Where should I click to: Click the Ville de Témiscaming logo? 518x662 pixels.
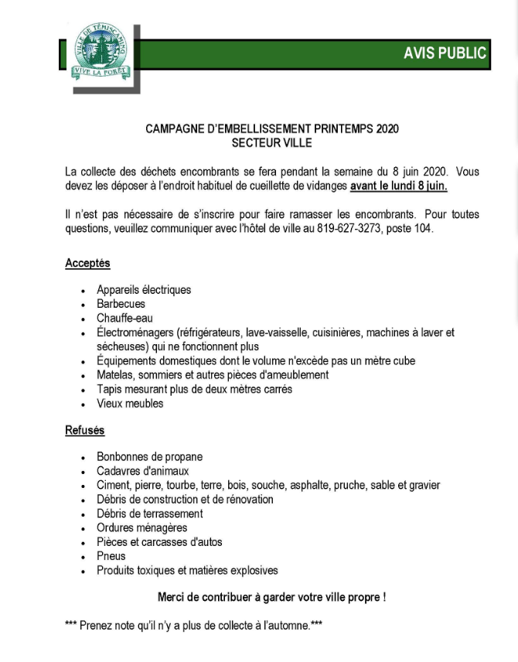pos(101,50)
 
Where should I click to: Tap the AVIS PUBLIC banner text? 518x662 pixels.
pos(445,53)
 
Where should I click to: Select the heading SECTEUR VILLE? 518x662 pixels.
pos(271,143)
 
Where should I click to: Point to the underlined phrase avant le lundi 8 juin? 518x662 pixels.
pos(399,186)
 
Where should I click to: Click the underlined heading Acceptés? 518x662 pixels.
pos(87,264)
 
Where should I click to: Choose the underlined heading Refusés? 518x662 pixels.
pos(85,431)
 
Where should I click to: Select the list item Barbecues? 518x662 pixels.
pos(121,304)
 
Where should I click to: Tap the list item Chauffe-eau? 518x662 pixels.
pos(124,318)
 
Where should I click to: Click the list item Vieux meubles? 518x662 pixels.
pos(130,403)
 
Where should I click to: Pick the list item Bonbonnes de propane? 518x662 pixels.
pos(149,457)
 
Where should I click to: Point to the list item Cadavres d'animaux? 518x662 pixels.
pos(142,471)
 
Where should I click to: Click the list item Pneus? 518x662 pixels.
pos(111,556)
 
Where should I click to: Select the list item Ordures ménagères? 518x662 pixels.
pos(141,527)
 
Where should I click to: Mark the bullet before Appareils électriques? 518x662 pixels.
pos(83,291)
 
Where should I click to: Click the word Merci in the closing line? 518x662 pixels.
pos(172,597)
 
